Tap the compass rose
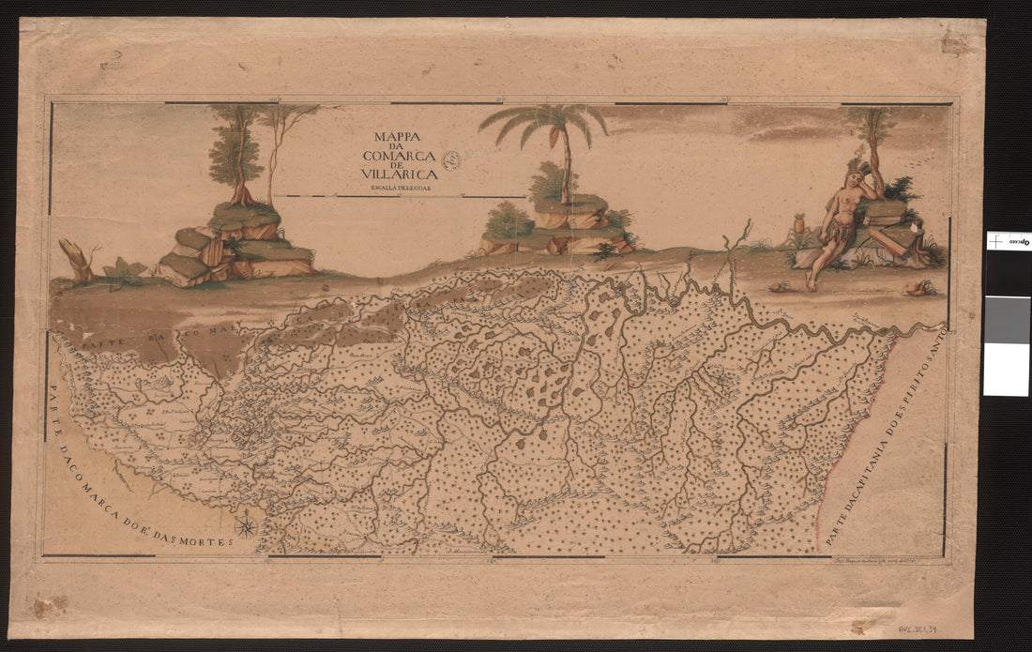247,526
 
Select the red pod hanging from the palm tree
555,136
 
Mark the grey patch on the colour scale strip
1007,320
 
